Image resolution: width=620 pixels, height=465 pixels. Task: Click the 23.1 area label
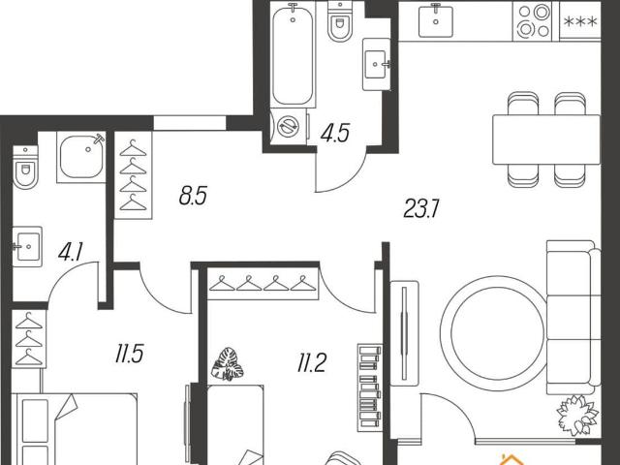421,208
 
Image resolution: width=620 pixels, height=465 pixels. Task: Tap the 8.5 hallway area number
193,196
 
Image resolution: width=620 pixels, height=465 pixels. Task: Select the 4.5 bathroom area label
335,133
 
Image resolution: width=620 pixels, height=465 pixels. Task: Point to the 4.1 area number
71,252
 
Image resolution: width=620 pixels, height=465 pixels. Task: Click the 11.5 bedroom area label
129,354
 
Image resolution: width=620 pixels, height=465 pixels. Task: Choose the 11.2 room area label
312,363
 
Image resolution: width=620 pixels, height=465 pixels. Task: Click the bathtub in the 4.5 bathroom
293,55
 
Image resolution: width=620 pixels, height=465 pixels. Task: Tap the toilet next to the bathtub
340,21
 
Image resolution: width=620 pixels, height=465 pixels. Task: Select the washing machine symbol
289,127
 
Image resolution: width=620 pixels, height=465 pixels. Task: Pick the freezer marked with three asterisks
580,20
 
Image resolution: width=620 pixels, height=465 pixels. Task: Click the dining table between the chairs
546,139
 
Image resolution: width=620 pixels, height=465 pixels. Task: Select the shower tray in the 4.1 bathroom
81,157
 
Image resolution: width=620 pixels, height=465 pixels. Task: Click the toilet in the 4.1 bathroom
25,168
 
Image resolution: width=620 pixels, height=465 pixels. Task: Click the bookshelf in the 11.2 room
370,387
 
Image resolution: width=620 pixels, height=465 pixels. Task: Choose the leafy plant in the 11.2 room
228,364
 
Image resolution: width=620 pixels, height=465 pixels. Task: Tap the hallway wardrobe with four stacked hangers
134,175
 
